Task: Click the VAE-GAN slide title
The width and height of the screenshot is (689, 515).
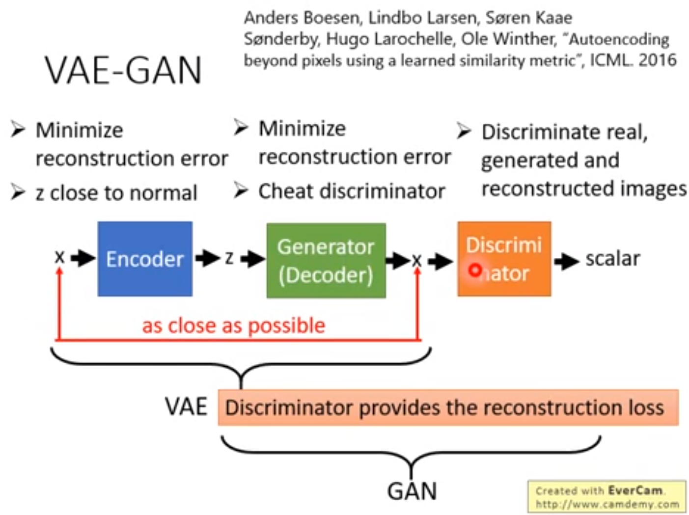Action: click(123, 70)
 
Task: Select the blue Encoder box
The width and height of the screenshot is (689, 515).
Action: click(145, 259)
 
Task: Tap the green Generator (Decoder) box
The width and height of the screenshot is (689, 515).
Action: click(326, 260)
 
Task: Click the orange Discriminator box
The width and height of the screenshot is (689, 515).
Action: click(504, 259)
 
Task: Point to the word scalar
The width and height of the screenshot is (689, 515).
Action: click(612, 258)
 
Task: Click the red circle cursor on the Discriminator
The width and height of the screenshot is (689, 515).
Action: click(474, 270)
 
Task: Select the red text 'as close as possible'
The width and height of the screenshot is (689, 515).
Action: click(234, 325)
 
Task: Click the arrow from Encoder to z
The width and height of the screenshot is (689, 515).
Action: click(207, 258)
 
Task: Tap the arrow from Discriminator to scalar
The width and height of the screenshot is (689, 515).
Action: click(567, 261)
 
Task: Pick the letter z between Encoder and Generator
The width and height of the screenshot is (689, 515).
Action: click(229, 258)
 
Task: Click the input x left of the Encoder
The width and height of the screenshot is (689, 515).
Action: click(59, 257)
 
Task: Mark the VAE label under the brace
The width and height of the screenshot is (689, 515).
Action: click(186, 407)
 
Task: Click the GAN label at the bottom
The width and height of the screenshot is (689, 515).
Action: click(412, 491)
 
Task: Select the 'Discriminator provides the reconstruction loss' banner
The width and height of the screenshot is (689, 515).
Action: click(448, 407)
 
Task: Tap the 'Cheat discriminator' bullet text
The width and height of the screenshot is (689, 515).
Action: click(352, 191)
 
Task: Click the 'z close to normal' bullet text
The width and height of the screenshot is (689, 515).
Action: click(116, 193)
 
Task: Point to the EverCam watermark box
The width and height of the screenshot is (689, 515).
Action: click(606, 497)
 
